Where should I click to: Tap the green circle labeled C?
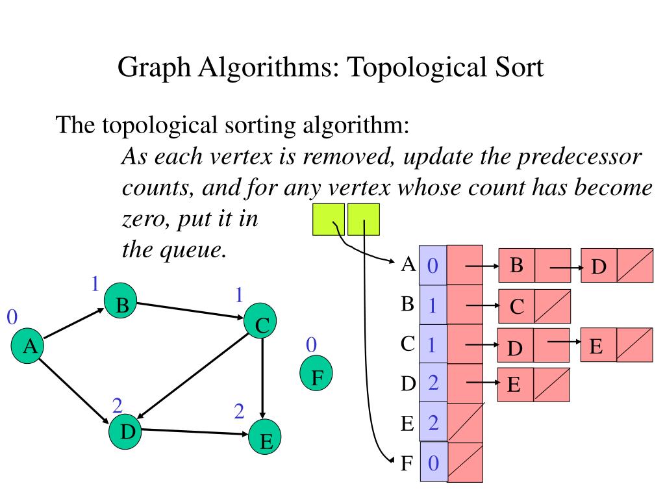click(261, 322)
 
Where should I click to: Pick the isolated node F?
click(316, 376)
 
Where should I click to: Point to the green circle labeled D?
click(127, 431)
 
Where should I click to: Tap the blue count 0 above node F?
click(312, 344)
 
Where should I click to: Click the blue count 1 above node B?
click(94, 283)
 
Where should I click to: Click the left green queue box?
click(329, 220)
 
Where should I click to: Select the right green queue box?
click(363, 220)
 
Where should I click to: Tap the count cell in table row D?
click(433, 383)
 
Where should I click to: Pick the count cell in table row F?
click(433, 463)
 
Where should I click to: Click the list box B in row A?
click(517, 265)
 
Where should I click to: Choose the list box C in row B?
click(517, 306)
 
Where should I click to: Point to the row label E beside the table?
click(407, 424)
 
